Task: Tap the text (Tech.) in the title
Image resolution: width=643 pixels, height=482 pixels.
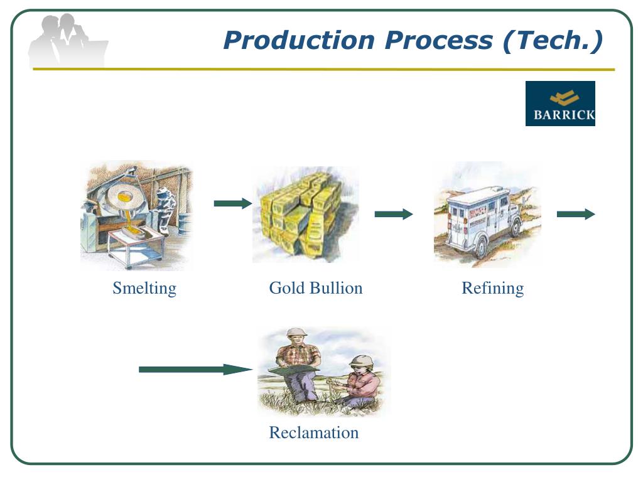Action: tap(553, 41)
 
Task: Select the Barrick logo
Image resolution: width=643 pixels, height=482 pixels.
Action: tap(560, 104)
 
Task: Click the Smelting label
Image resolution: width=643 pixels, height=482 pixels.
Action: tap(144, 288)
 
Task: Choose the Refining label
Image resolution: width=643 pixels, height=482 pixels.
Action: tap(492, 288)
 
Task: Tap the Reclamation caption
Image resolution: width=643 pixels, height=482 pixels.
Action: tap(313, 432)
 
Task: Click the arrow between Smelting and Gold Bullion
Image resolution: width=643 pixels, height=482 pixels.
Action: tap(232, 203)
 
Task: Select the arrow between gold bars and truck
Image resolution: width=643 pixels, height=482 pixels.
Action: tap(394, 215)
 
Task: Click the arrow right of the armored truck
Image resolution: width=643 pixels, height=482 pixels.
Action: tap(576, 215)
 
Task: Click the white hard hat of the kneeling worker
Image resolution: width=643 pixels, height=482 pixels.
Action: tap(362, 361)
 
